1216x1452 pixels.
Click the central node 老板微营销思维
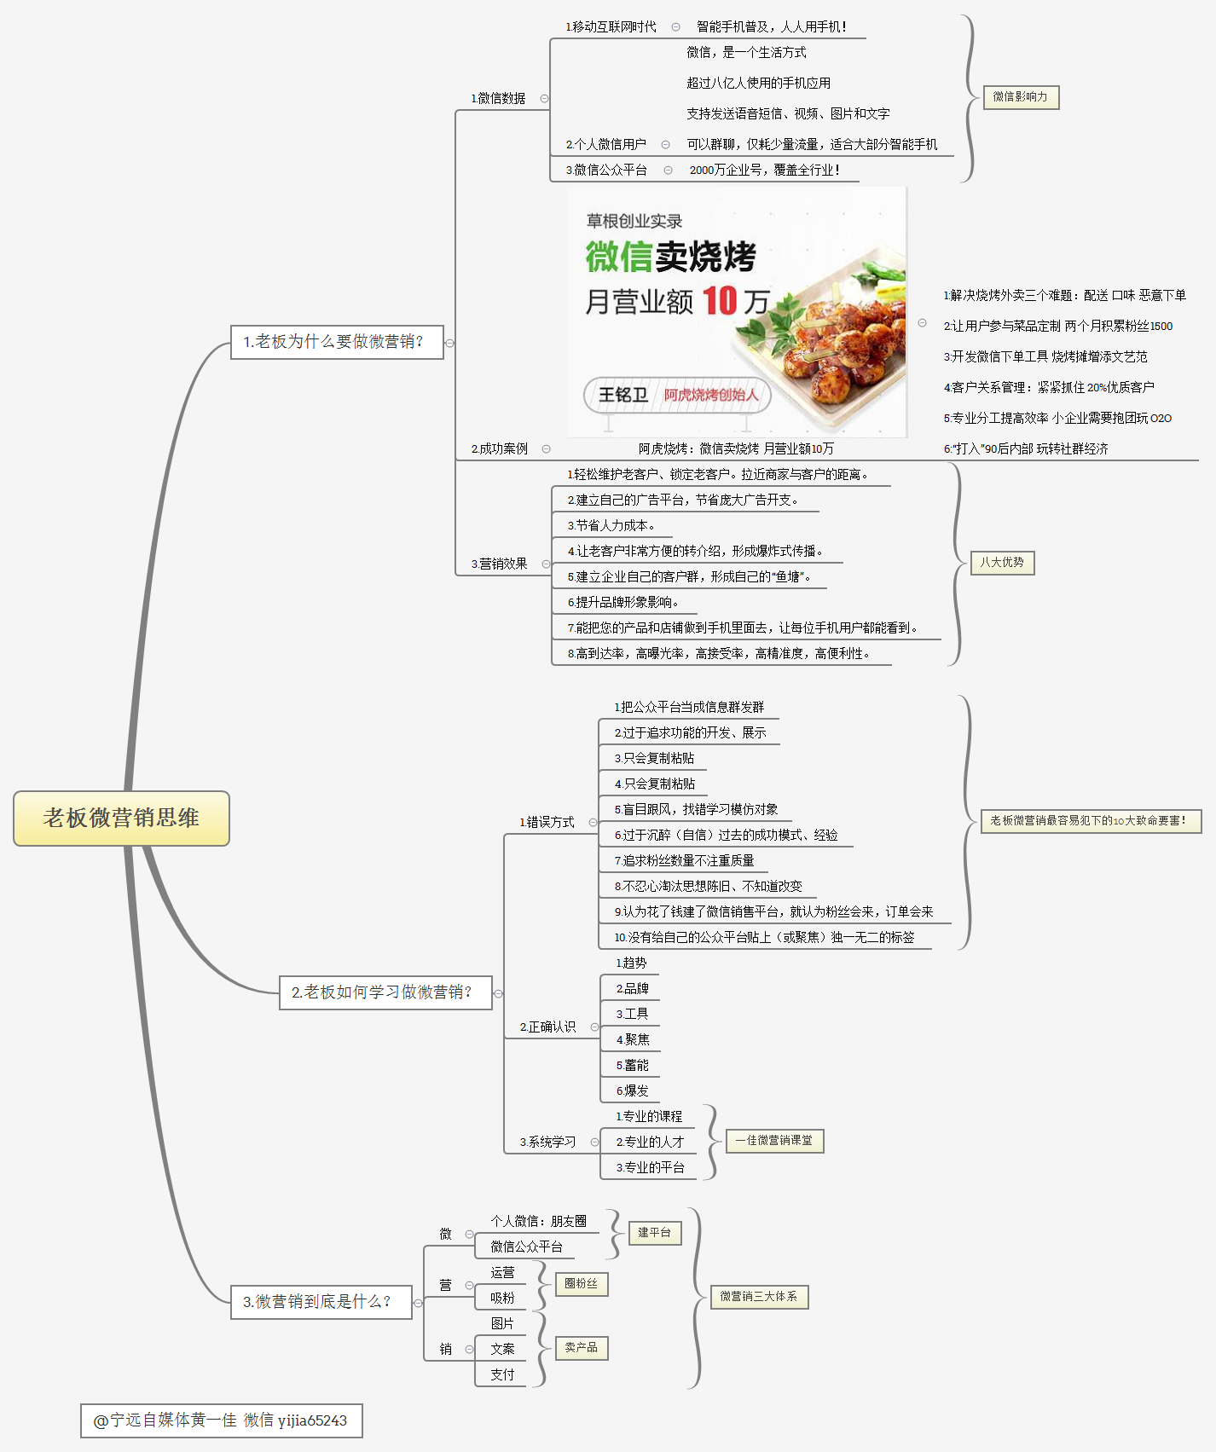[x=121, y=819]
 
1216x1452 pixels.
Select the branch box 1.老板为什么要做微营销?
[x=337, y=342]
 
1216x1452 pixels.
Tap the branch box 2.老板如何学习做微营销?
[x=385, y=992]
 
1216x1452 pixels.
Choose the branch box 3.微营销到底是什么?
[x=321, y=1302]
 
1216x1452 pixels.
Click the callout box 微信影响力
[x=1020, y=97]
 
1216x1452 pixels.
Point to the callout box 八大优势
[x=1002, y=563]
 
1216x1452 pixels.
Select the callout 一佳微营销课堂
[x=774, y=1141]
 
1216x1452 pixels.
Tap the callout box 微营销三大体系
[x=759, y=1297]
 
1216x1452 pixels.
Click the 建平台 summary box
[x=655, y=1233]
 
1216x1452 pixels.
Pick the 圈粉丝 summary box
[x=582, y=1284]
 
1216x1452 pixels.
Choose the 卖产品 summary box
[x=582, y=1348]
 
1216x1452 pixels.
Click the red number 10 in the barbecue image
[x=720, y=301]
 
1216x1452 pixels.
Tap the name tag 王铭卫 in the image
[x=622, y=395]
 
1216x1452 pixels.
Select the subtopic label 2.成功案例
[x=500, y=449]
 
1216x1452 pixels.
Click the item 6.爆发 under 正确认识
[x=633, y=1090]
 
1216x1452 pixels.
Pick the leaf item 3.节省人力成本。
[x=611, y=526]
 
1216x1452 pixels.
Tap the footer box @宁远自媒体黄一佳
[x=222, y=1420]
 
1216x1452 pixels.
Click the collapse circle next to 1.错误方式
[x=593, y=823]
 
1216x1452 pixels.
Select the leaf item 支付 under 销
[x=502, y=1374]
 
